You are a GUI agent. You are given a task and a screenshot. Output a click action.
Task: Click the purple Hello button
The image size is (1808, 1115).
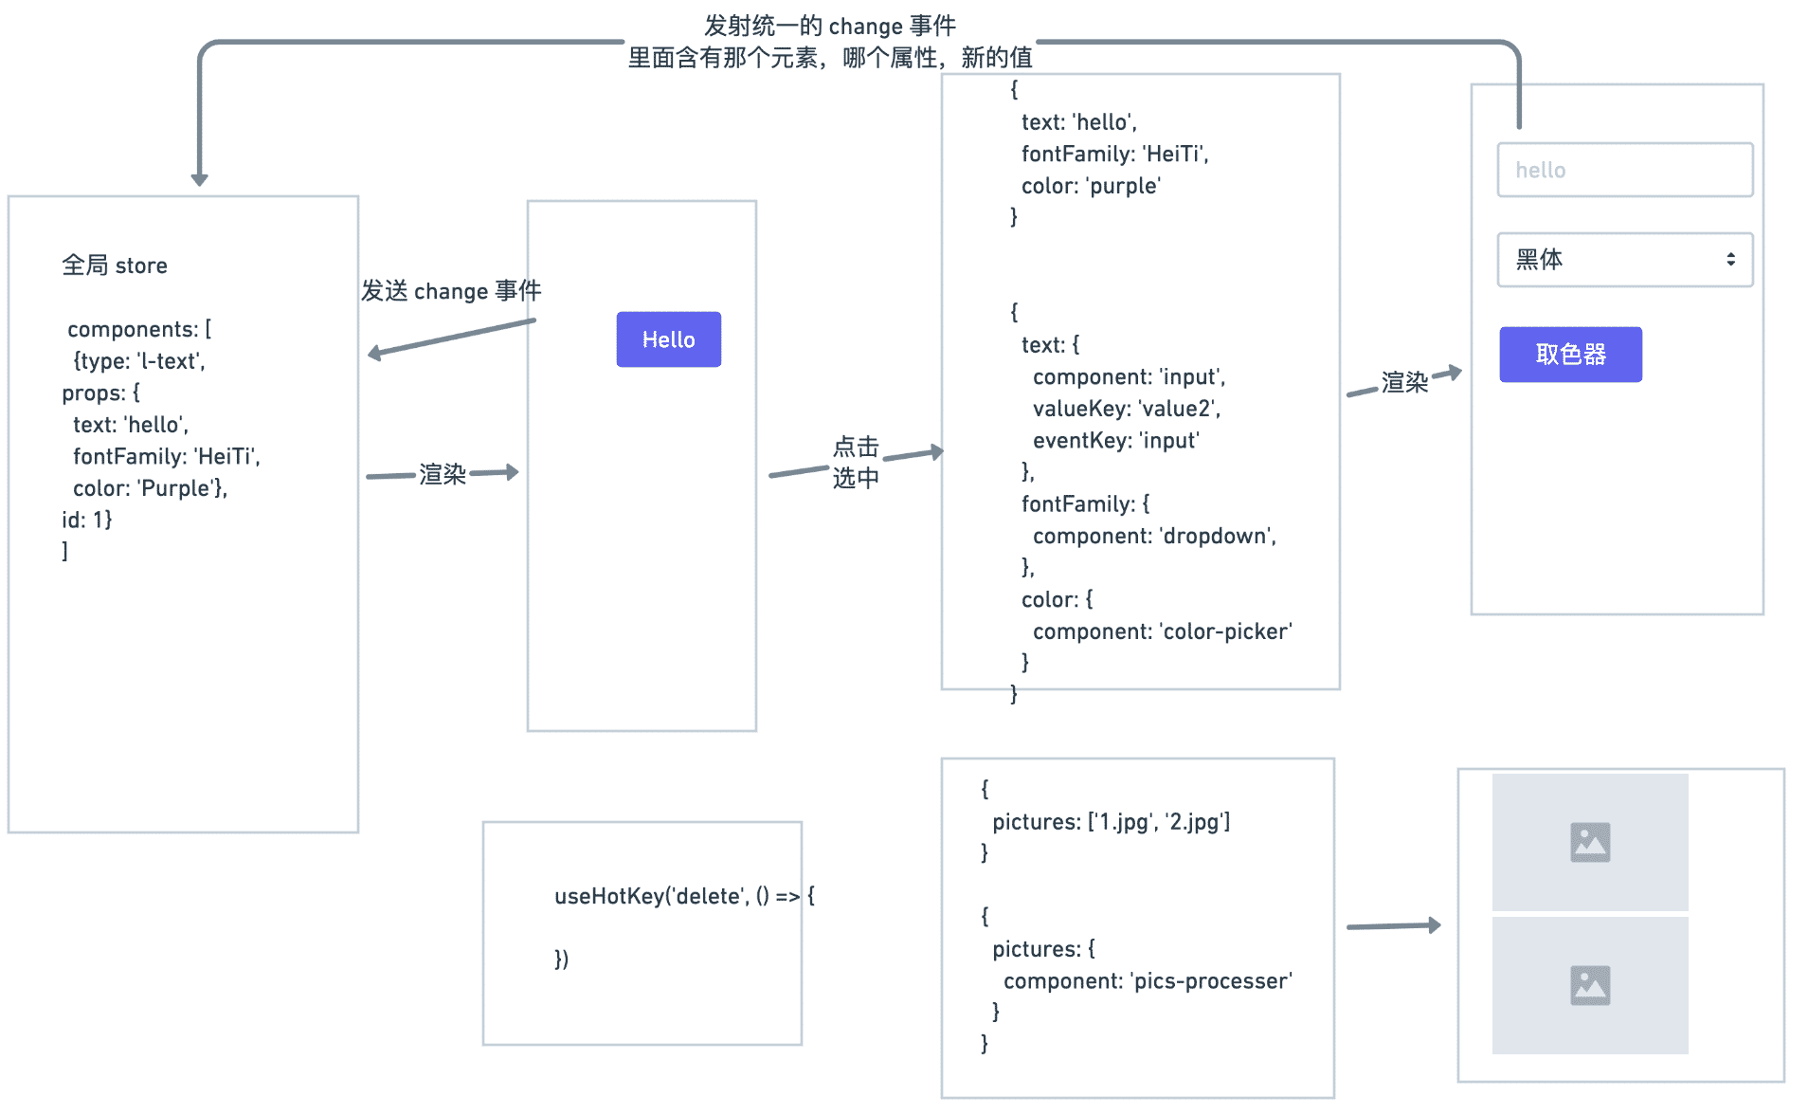point(668,339)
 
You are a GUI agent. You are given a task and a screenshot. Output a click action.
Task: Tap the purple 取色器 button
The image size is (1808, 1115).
point(1569,355)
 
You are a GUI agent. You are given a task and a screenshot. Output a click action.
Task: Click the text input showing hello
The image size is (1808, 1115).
point(1624,171)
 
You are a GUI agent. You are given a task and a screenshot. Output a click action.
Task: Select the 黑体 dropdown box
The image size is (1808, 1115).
point(1611,260)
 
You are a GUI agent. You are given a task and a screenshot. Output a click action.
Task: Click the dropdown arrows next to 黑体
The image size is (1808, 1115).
point(1730,260)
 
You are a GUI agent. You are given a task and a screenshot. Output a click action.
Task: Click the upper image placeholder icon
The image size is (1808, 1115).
point(1589,842)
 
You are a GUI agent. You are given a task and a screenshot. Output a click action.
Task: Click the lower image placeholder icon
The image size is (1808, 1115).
point(1589,985)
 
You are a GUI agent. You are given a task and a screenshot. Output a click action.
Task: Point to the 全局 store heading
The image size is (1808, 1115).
point(115,265)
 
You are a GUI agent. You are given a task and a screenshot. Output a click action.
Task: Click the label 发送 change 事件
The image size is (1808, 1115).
point(451,291)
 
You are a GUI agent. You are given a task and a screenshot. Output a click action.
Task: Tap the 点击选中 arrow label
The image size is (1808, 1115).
point(856,462)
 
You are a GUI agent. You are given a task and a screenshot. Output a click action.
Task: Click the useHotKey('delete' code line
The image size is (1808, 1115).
point(683,896)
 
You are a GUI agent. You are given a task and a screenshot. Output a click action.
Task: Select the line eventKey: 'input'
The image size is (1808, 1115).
point(1115,441)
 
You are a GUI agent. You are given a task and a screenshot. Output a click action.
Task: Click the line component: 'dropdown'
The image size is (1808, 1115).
point(1153,536)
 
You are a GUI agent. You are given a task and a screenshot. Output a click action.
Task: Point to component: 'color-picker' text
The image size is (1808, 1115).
point(1162,631)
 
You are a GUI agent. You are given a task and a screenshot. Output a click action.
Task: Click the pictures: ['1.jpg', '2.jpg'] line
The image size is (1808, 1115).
point(1111,822)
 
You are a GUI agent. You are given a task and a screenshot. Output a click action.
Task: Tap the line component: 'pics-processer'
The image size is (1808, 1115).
point(1147,981)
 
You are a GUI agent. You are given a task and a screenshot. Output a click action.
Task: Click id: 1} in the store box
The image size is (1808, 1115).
point(87,520)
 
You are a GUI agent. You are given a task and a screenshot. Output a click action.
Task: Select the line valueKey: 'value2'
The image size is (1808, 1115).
point(1126,409)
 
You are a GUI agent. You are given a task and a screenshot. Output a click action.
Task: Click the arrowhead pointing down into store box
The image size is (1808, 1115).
point(199,179)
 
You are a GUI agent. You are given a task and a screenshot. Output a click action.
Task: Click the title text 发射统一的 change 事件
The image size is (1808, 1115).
point(829,26)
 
